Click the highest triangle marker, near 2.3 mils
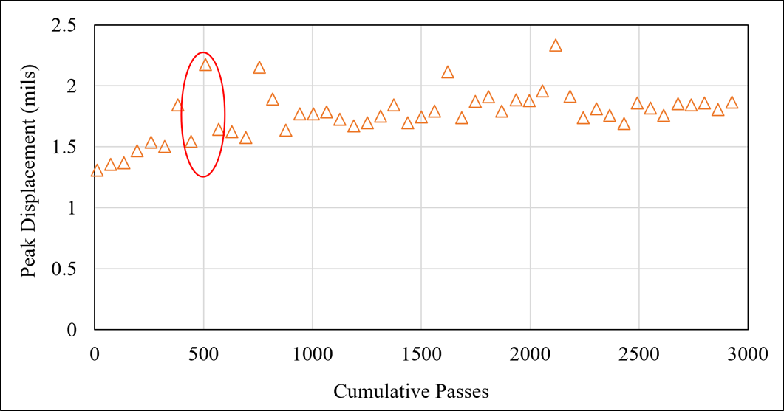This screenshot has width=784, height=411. [x=556, y=46]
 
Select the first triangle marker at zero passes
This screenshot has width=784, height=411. [x=97, y=171]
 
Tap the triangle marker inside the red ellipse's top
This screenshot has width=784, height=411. [x=205, y=65]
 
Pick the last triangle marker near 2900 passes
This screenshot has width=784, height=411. [x=732, y=103]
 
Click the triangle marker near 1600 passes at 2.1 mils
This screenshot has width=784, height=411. [x=447, y=72]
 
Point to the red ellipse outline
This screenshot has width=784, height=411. [x=225, y=114]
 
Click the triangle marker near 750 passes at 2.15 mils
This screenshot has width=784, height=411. [x=259, y=68]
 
